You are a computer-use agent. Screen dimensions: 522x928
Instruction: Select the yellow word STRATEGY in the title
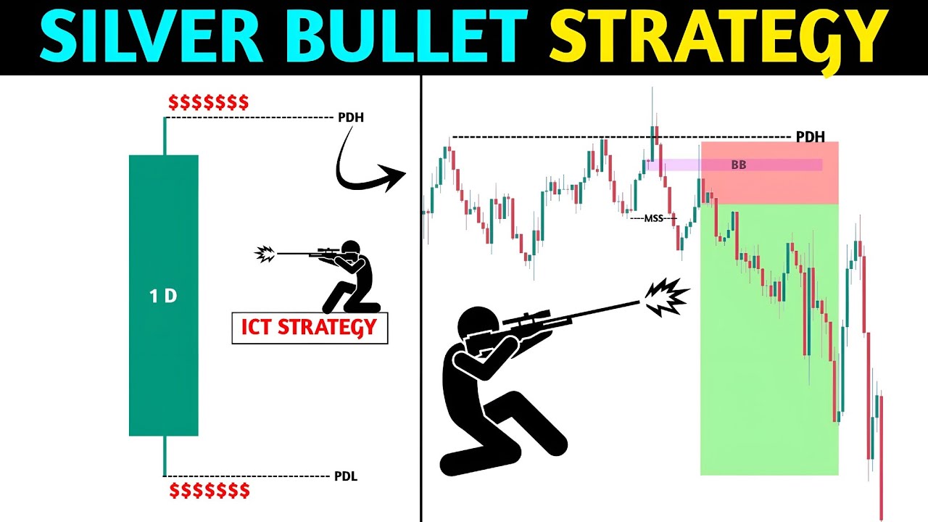(x=718, y=38)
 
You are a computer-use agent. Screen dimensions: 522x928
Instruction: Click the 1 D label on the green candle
(x=164, y=296)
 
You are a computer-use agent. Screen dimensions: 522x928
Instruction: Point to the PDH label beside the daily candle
(x=351, y=117)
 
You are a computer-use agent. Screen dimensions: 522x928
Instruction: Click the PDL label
(x=345, y=476)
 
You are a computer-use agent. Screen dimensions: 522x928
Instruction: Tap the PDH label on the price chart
(x=810, y=136)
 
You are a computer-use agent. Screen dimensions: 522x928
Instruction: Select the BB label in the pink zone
(x=738, y=165)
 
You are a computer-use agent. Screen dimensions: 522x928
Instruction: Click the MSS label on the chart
(x=653, y=217)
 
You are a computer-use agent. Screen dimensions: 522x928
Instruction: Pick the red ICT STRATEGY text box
(x=310, y=328)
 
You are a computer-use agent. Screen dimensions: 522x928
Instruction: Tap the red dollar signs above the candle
(x=208, y=102)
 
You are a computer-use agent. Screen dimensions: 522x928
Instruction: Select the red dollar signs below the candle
(x=210, y=491)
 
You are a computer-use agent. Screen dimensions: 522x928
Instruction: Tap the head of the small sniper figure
(x=351, y=249)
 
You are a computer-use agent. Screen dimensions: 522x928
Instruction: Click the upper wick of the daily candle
(x=165, y=136)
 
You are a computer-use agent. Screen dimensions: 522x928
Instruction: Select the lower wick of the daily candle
(x=165, y=455)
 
